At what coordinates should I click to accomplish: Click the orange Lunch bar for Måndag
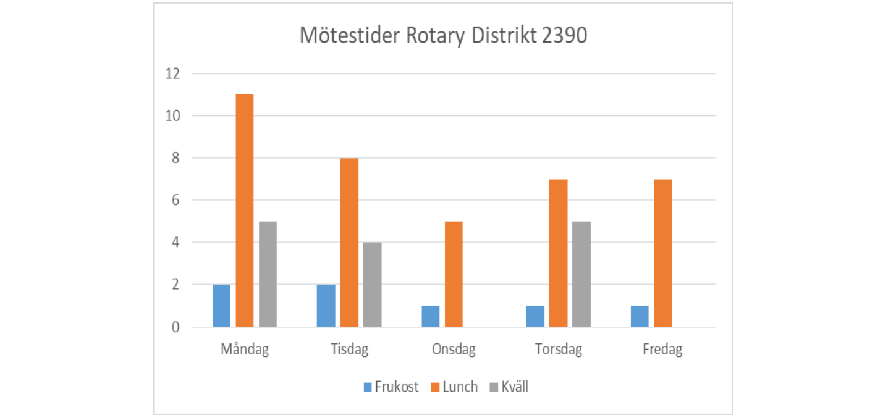click(x=245, y=211)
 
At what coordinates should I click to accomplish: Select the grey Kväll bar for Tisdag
click(x=372, y=285)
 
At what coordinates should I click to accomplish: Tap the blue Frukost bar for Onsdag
click(x=430, y=316)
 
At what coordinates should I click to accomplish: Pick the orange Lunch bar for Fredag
click(x=662, y=253)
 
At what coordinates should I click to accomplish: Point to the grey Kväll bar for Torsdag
click(x=581, y=274)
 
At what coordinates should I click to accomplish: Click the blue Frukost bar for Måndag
click(x=221, y=306)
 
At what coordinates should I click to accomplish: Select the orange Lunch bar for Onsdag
click(x=454, y=274)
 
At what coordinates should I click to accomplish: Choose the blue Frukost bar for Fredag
click(x=640, y=316)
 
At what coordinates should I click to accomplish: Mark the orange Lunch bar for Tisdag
click(x=349, y=243)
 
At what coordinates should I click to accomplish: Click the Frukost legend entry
click(x=391, y=387)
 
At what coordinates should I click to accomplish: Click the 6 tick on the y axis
click(x=175, y=201)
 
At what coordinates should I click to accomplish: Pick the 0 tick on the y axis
click(x=175, y=327)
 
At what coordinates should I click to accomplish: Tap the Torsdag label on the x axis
click(x=558, y=350)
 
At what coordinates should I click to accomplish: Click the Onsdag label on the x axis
click(x=454, y=350)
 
